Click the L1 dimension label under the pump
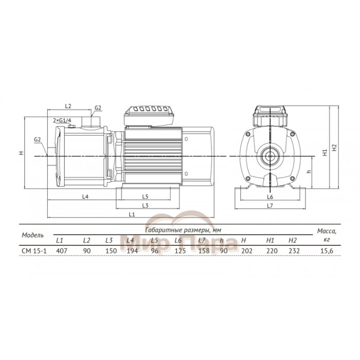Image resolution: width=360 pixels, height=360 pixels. click(x=132, y=214)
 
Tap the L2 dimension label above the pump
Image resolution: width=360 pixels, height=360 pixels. click(x=68, y=106)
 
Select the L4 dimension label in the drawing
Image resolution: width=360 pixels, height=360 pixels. click(x=85, y=196)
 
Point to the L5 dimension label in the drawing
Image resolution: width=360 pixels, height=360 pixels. click(x=146, y=196)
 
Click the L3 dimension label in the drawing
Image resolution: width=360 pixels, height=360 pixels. click(x=146, y=206)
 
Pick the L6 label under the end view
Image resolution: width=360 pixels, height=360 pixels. click(x=270, y=197)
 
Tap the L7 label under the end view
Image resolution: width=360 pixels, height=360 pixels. click(x=270, y=206)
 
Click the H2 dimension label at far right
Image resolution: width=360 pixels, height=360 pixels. click(x=334, y=148)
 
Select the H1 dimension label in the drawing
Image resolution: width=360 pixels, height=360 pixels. click(x=325, y=153)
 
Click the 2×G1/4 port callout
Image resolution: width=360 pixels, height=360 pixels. click(x=62, y=120)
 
